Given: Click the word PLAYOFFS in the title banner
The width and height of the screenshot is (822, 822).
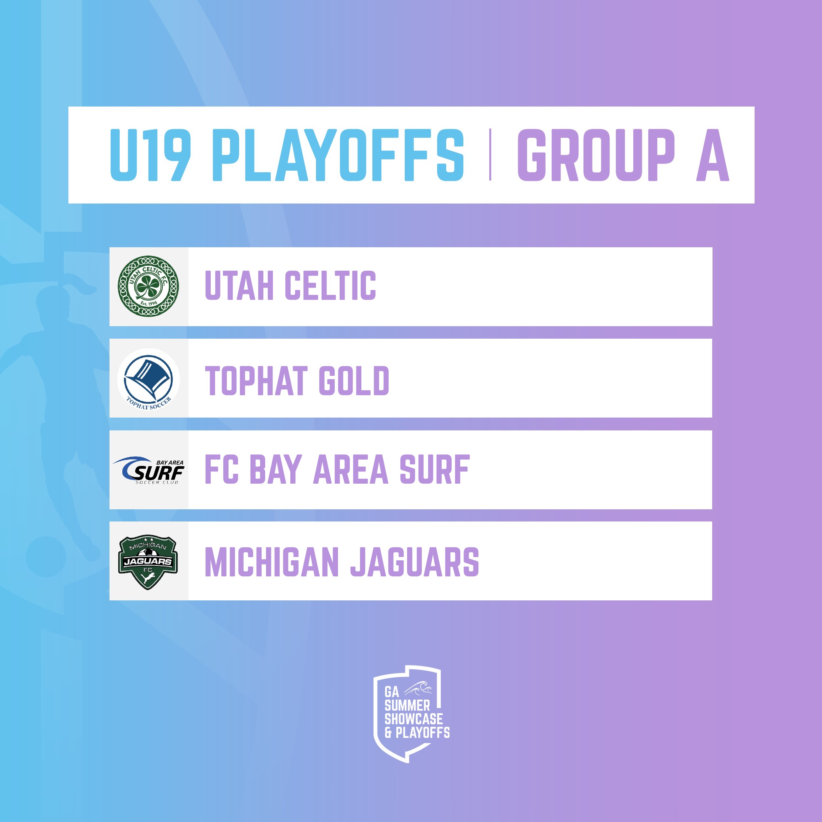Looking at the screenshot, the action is coord(338,155).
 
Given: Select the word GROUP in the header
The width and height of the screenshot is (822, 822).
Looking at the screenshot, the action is coord(596,155).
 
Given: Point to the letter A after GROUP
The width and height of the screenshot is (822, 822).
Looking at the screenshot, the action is coord(713,155).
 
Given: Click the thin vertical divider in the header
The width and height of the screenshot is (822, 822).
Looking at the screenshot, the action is coord(490,155).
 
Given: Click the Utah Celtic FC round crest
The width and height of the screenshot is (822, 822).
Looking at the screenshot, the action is coord(148,286).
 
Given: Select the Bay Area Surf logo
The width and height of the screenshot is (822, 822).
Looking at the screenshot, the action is coord(149,470).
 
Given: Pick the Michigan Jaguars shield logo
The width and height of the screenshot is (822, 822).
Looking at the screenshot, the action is coord(148,562).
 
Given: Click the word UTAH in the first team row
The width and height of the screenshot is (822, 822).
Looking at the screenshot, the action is coord(239,285).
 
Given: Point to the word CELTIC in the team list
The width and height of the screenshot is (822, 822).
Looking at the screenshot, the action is coord(330,285).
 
